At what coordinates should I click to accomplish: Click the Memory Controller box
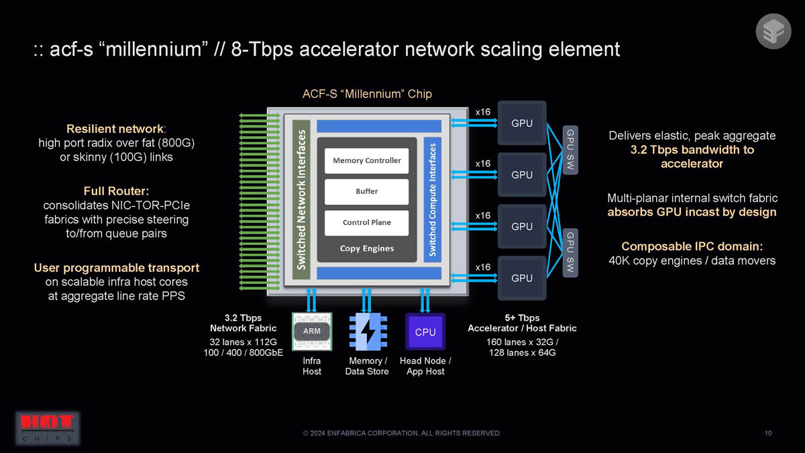tap(367, 160)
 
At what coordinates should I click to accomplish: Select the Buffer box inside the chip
tap(367, 191)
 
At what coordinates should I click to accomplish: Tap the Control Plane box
tap(367, 222)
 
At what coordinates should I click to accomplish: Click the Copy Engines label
tap(367, 248)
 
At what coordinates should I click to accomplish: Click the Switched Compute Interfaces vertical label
tap(433, 200)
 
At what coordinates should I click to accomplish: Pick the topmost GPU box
tap(522, 123)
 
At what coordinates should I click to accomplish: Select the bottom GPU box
tap(522, 278)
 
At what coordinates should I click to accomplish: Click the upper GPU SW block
tap(571, 149)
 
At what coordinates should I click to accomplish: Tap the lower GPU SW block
tap(571, 252)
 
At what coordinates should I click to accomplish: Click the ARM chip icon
tap(312, 331)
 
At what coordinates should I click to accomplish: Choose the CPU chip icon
tap(425, 332)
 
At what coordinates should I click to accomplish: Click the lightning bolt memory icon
tap(368, 332)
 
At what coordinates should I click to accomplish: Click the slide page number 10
tap(768, 433)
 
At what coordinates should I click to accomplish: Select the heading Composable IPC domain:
tap(692, 246)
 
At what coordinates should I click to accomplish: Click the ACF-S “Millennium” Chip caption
tap(367, 94)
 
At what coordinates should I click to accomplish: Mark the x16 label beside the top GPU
tap(483, 111)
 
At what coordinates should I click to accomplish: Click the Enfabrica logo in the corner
tap(773, 31)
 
